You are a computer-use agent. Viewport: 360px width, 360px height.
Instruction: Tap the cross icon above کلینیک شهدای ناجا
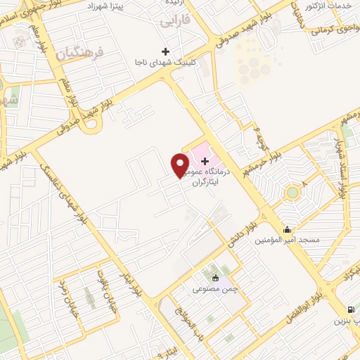pos(165,51)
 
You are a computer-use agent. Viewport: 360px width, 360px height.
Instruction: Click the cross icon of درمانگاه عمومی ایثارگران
pos(205,161)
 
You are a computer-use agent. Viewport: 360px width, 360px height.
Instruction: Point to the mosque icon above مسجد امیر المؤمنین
pos(287,229)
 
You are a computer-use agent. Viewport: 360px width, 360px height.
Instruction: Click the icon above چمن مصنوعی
pos(215,278)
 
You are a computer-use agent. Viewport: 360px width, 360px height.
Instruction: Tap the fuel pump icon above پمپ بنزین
pos(349,309)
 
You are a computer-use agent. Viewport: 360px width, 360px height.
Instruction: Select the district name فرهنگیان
pos(82,53)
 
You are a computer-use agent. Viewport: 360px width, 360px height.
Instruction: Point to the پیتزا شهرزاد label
pos(126,6)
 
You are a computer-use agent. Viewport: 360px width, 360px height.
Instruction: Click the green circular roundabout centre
pos(292,193)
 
